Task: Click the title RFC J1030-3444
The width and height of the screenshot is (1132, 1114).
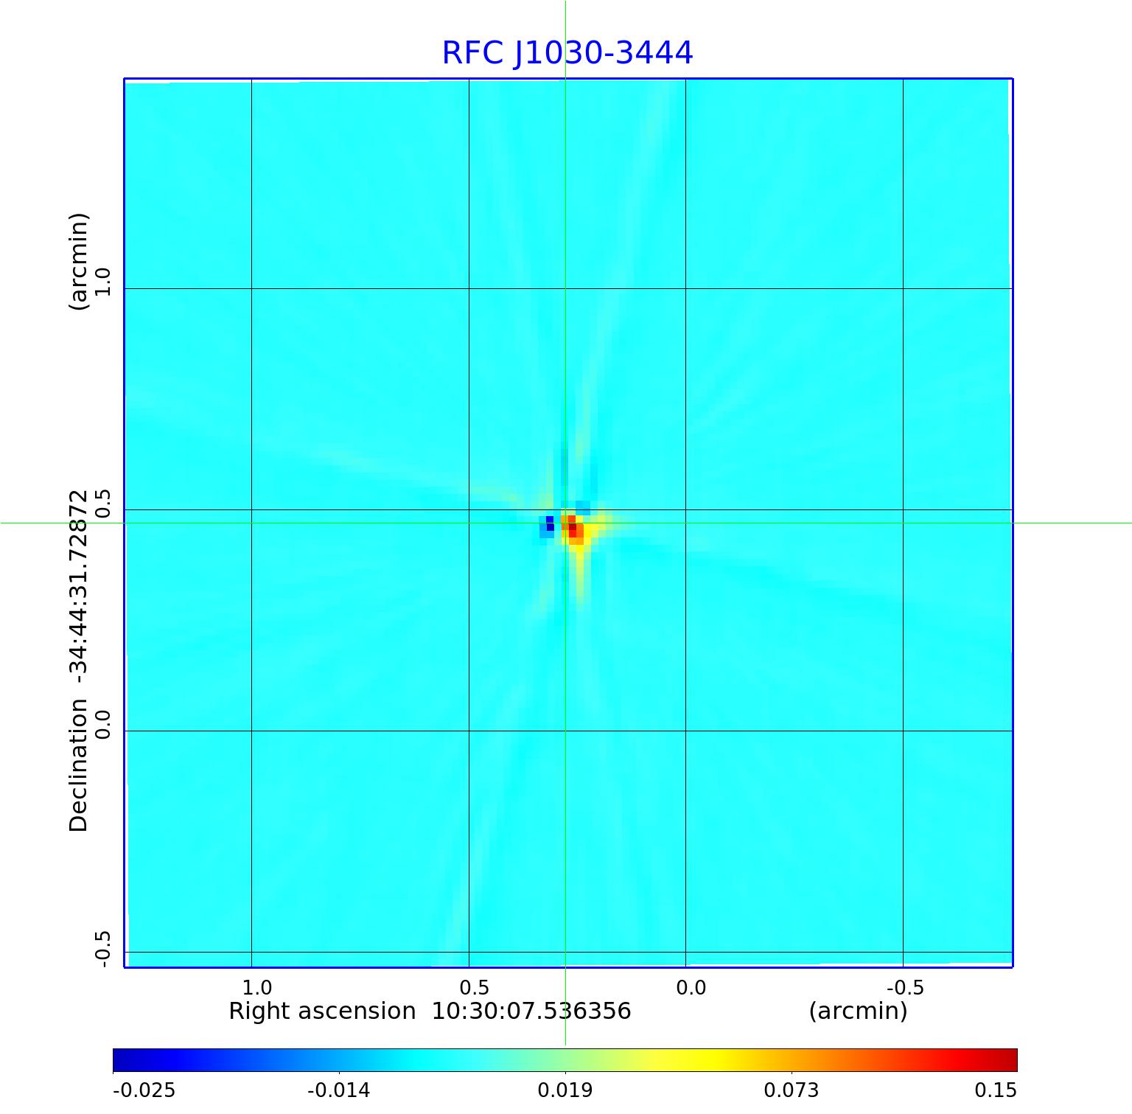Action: point(567,53)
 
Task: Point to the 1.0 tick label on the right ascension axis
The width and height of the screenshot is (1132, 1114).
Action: point(257,987)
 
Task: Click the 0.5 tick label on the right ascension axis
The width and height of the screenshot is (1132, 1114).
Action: point(474,987)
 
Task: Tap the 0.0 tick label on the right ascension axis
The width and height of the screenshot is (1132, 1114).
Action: point(691,987)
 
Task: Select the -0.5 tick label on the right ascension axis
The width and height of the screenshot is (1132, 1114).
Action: point(904,987)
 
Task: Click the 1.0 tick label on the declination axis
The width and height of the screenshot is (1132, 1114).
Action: point(102,282)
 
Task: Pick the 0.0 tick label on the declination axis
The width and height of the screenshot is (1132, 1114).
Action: point(102,724)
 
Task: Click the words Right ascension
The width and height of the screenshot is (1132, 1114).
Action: point(322,1011)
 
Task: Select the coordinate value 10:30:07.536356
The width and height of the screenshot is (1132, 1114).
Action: point(531,1011)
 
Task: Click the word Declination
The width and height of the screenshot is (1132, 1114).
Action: point(78,765)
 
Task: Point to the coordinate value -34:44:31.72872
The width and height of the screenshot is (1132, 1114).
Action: point(78,582)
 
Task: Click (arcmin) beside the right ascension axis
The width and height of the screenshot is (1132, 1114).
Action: point(858,1011)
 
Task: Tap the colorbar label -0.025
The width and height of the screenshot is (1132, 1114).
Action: point(144,1090)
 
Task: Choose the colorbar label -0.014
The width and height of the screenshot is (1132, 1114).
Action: point(338,1090)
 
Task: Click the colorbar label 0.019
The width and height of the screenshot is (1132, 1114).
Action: point(565,1090)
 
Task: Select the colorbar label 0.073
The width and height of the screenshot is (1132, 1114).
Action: point(791,1090)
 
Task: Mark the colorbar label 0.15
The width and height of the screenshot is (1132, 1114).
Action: point(996,1090)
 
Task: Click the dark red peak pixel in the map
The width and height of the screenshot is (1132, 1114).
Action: point(573,528)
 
